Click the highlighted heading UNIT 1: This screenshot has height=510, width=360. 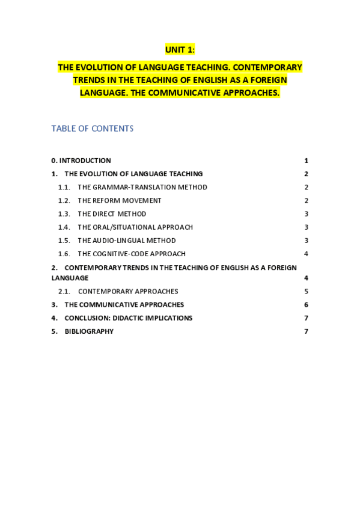tap(180, 50)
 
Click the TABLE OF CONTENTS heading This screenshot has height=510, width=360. tap(92, 129)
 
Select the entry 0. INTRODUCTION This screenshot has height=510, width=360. tap(81, 161)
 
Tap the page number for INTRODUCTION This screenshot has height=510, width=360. tap(306, 161)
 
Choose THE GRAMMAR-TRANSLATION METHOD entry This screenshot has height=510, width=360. tap(142, 187)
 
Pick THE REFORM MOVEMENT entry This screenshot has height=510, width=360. tap(119, 200)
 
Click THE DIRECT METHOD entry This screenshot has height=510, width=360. tap(112, 214)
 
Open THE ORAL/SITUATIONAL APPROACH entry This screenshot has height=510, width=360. tap(135, 227)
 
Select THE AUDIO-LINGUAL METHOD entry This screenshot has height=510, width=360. tap(126, 241)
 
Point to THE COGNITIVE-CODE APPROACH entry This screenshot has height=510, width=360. tap(131, 254)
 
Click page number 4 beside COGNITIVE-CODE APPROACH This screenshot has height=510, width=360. tap(306, 254)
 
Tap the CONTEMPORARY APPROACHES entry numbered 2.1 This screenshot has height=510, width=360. tap(127, 291)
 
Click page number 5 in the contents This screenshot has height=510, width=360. tap(306, 291)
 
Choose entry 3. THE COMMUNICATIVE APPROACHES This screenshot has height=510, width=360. tap(124, 305)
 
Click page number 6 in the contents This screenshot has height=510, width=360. tap(306, 305)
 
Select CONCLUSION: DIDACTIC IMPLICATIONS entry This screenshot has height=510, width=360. tap(128, 318)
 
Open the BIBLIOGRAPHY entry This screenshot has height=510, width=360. tap(89, 331)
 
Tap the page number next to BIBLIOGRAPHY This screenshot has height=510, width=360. tap(306, 331)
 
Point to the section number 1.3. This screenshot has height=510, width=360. tap(64, 214)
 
